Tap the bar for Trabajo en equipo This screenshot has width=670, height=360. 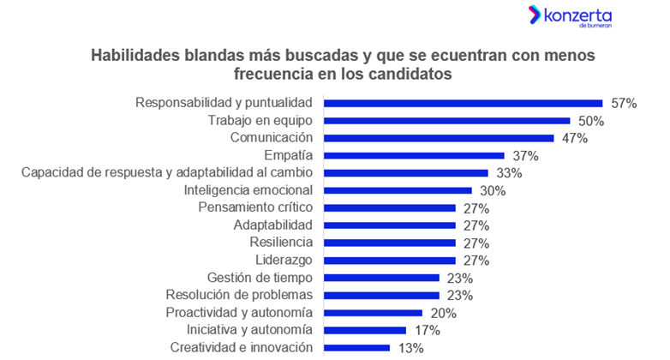coord(446,121)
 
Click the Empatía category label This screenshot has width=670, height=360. coord(290,155)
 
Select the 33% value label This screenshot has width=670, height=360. coord(509,173)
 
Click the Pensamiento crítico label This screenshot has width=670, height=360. coord(255,207)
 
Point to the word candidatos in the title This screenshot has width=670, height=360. coord(404,75)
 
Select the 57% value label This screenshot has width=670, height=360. coord(625,104)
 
